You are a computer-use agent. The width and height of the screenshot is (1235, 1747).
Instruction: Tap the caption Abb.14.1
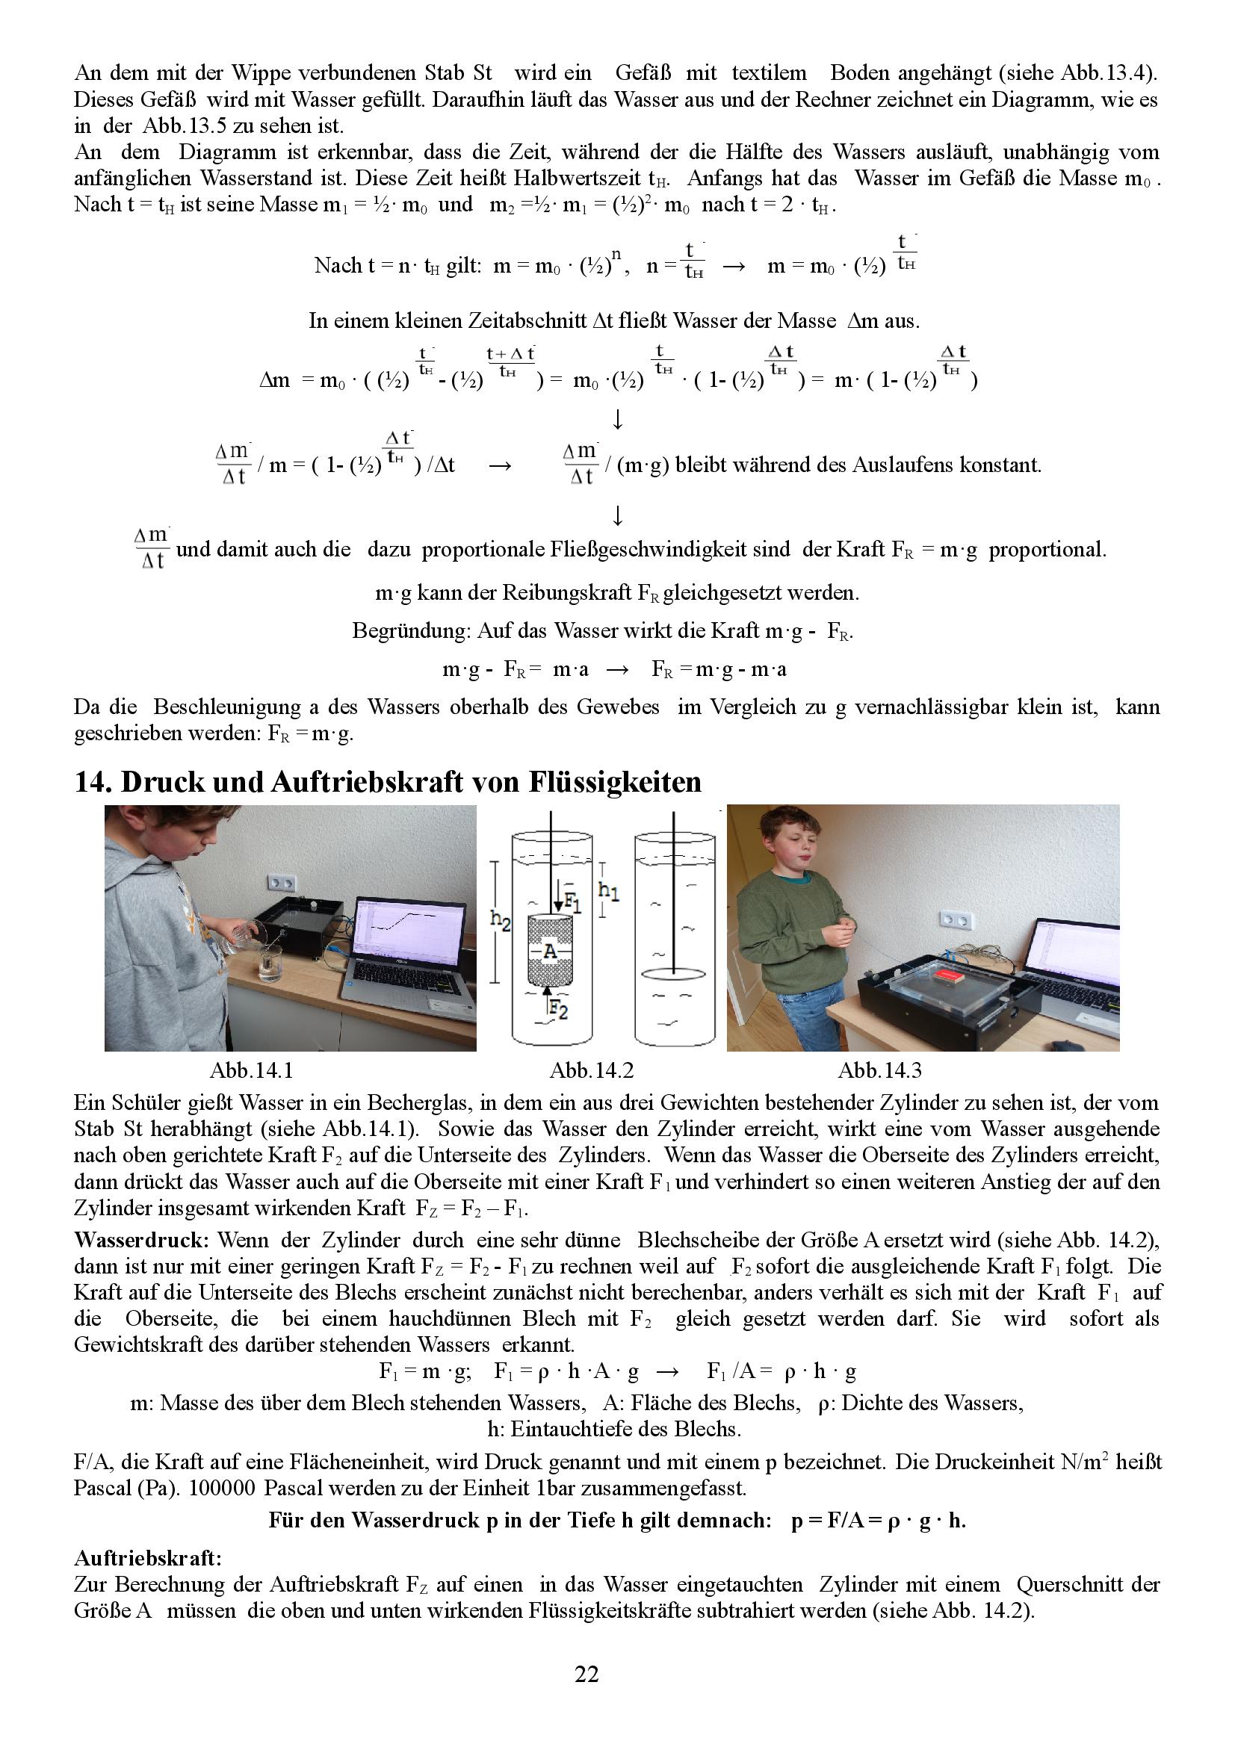coord(251,1070)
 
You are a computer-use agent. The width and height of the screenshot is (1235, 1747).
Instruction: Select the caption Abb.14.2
coord(591,1070)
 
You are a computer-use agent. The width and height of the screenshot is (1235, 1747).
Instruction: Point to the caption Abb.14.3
coord(879,1070)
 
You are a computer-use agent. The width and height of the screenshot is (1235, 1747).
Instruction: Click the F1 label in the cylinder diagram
coord(572,902)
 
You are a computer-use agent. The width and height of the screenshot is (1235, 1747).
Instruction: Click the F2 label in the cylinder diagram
coord(559,1011)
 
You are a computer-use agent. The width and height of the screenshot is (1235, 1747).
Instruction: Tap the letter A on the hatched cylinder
coord(550,952)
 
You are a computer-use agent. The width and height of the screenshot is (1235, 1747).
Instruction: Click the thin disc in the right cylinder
coord(674,973)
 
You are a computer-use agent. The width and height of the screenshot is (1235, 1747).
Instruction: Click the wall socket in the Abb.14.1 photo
coord(283,884)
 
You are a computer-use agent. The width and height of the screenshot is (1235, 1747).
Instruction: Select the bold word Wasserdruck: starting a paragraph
coord(140,1241)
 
